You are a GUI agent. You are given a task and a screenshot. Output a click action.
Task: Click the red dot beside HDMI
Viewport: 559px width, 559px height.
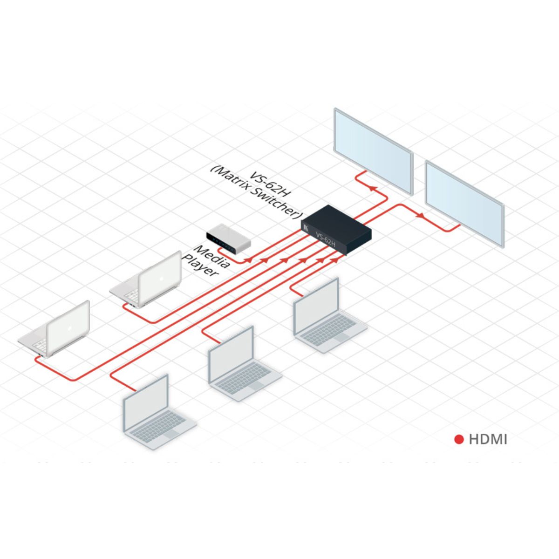(x=459, y=439)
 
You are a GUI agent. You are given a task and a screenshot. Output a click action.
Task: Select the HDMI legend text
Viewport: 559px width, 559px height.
(x=488, y=439)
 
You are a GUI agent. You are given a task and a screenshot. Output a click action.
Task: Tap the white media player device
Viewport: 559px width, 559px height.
(x=229, y=239)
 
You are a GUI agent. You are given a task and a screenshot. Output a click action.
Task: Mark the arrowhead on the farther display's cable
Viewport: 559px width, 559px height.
(x=420, y=216)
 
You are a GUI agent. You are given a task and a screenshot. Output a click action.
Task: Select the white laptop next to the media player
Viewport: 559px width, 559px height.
(x=147, y=282)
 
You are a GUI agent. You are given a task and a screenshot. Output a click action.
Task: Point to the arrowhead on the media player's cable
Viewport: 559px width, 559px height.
(x=250, y=259)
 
